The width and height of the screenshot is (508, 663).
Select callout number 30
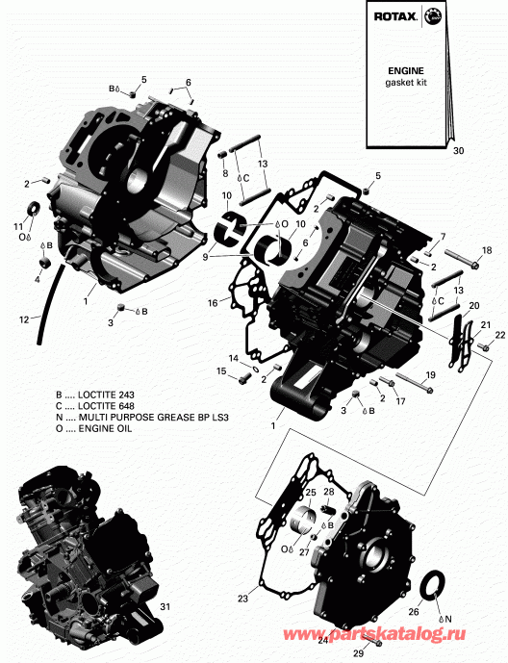coord(457,150)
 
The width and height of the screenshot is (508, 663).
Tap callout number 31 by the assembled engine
coord(164,606)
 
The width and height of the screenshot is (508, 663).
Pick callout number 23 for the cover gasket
coord(241,598)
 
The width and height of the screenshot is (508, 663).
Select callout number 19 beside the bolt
coord(429,374)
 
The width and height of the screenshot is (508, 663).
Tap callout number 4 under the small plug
coord(38,279)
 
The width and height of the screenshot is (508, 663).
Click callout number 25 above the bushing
coord(310,493)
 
